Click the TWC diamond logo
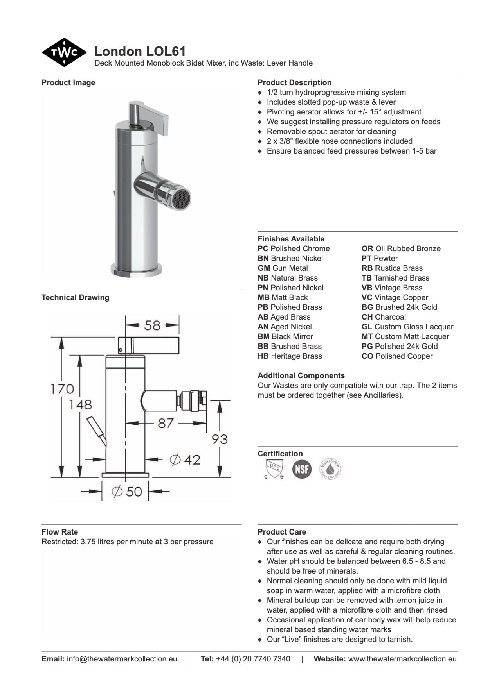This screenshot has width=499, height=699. tap(64, 52)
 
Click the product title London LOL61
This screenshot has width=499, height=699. tap(140, 51)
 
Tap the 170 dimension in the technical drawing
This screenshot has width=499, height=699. tap(62, 389)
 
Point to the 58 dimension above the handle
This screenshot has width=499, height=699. tap(152, 325)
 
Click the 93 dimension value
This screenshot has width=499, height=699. tap(220, 439)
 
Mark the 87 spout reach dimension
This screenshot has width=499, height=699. tap(166, 423)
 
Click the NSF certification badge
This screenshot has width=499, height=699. tap(302, 469)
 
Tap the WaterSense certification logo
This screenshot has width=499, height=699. tap(330, 469)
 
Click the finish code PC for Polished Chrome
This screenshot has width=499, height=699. tap(263, 249)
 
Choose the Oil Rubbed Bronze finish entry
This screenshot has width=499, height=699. tap(401, 249)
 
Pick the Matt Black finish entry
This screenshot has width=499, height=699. tap(283, 298)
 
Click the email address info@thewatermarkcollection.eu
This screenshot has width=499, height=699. tap(122, 659)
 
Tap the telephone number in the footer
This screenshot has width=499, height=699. tap(253, 659)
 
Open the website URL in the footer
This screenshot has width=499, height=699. tap(402, 659)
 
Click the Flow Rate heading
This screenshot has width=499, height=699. tap(59, 532)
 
